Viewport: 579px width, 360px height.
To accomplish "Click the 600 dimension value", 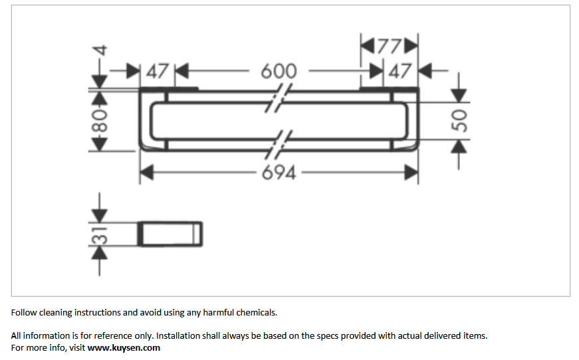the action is click(x=279, y=71).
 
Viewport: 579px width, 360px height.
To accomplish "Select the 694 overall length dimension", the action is click(x=279, y=173).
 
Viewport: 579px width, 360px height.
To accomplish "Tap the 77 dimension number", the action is click(x=389, y=46).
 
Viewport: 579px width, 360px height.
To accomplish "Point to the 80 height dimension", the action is click(x=99, y=121).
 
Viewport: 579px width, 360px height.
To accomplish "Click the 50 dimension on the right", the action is click(x=459, y=121).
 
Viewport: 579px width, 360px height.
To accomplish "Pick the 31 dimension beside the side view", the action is click(x=99, y=235).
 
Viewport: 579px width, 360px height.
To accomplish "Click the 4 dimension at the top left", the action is click(x=100, y=50).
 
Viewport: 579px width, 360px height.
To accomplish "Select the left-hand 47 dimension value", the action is click(x=158, y=71).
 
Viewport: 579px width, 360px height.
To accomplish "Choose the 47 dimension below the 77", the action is click(x=400, y=71).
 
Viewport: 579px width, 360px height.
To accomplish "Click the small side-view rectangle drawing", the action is click(x=170, y=234).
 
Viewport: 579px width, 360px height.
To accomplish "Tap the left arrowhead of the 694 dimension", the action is click(x=147, y=173).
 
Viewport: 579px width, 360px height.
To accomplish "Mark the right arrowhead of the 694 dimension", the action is click(x=411, y=173).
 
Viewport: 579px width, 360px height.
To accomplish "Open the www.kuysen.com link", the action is click(x=124, y=348).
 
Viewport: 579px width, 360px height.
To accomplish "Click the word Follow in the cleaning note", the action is click(x=24, y=312).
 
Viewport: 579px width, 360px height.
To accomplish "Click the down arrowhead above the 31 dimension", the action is click(x=99, y=216).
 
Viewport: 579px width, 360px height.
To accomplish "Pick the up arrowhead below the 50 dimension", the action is click(x=459, y=146).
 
